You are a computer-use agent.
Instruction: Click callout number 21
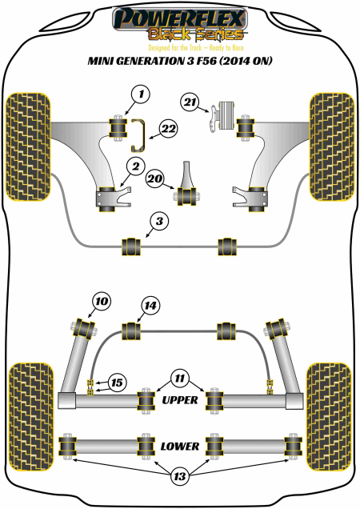click(189, 102)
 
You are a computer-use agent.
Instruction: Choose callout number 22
click(168, 127)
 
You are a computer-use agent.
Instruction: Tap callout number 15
click(118, 383)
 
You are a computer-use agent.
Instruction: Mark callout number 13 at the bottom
click(179, 478)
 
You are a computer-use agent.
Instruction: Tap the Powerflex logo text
click(179, 17)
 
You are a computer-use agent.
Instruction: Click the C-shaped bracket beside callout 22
click(137, 133)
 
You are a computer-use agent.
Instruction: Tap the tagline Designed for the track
click(179, 46)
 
